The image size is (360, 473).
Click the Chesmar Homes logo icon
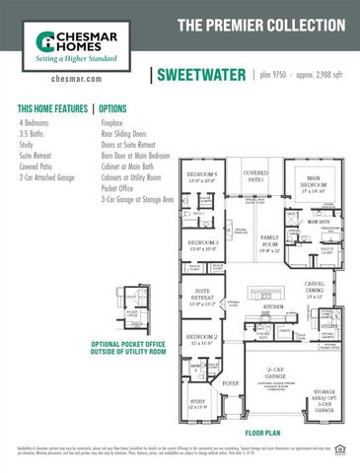tap(45, 42)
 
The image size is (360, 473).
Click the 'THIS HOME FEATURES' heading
tap(52, 108)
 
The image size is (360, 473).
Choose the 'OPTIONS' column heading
tap(113, 108)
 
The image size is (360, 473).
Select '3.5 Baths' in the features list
tap(34, 131)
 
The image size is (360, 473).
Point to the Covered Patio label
tap(255, 175)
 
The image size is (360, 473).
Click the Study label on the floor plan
tap(197, 402)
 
